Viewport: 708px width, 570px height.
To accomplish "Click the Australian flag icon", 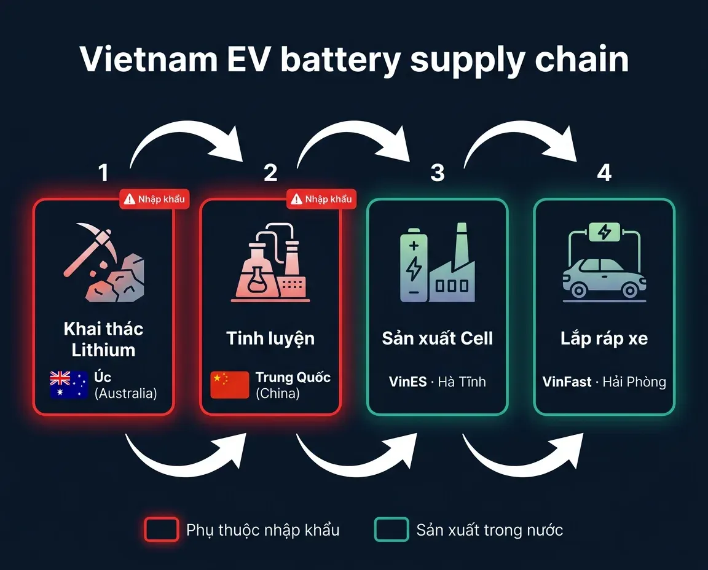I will tap(69, 385).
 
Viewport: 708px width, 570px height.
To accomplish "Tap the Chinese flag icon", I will tap(230, 385).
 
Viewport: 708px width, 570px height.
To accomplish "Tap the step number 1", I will tap(103, 173).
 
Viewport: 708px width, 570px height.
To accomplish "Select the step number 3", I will tap(437, 173).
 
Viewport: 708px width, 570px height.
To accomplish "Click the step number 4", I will tap(604, 173).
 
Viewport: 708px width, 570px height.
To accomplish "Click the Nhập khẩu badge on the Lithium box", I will tap(154, 199).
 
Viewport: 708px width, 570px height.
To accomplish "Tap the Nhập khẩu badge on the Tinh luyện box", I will tap(321, 199).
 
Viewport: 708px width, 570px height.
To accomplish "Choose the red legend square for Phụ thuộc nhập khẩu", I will tap(162, 529).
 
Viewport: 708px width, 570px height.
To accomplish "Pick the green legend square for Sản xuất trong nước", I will tap(391, 529).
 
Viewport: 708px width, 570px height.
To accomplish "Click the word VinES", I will tap(407, 381).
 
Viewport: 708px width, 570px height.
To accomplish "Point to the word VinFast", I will tap(567, 381).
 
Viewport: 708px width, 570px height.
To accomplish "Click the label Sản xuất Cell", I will tap(437, 338).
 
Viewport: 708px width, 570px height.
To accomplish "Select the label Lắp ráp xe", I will tap(604, 338).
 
